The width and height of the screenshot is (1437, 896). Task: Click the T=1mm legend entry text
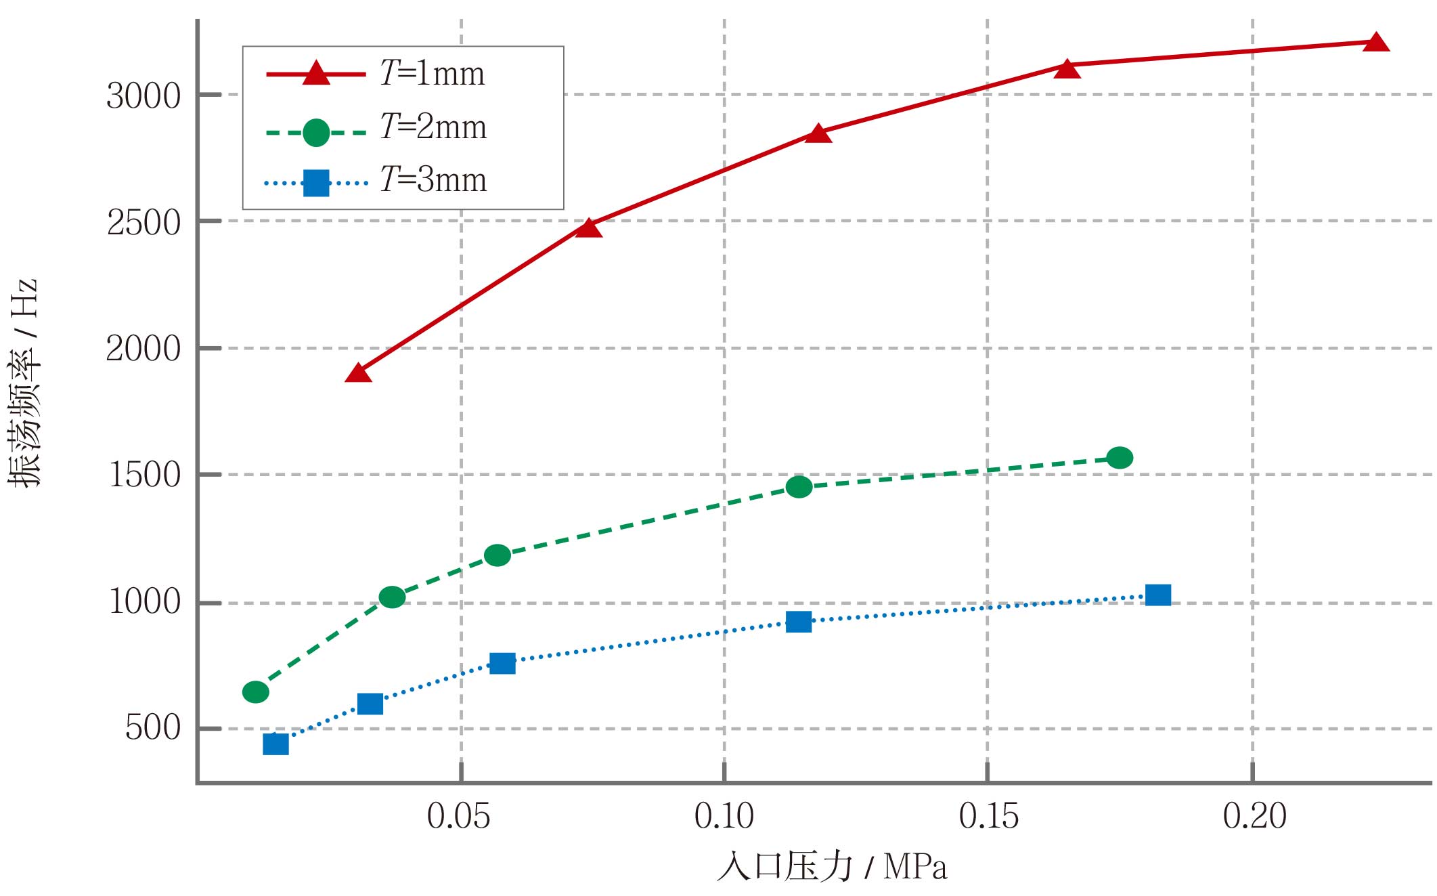[433, 73]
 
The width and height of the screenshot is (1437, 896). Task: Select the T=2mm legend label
[433, 127]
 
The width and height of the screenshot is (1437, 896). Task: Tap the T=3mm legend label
[433, 179]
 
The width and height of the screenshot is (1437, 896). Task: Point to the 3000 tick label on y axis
[143, 96]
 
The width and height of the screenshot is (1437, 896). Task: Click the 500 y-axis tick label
[153, 729]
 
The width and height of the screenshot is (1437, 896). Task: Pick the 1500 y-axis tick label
[144, 475]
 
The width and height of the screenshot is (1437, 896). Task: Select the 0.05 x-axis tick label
[458, 816]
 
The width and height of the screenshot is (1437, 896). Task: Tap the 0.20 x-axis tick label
[1254, 816]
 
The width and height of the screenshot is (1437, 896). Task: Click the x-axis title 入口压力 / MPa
[832, 867]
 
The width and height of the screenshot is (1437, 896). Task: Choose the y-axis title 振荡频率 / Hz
[24, 383]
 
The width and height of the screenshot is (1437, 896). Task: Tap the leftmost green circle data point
[256, 691]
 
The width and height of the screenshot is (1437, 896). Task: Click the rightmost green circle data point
[1120, 458]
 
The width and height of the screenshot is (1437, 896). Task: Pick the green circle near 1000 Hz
[392, 597]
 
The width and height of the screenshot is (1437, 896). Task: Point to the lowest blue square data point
[275, 744]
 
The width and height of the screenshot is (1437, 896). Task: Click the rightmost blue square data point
[1158, 595]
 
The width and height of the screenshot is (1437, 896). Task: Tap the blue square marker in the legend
[316, 183]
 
